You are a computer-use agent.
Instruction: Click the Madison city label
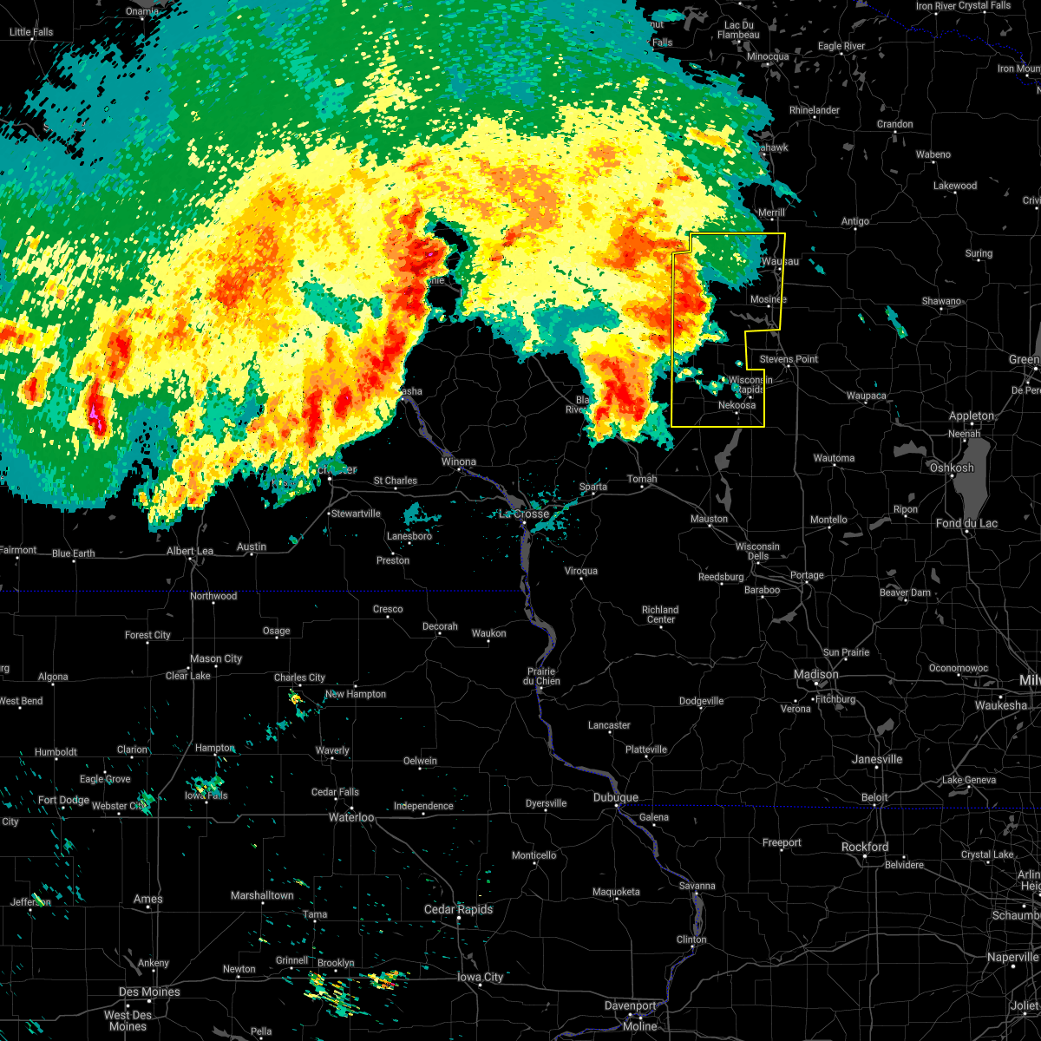click(815, 675)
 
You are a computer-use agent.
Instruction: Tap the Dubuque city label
click(616, 797)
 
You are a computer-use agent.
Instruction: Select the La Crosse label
click(524, 514)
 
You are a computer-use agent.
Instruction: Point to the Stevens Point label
click(789, 359)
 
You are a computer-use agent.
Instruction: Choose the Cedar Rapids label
click(458, 909)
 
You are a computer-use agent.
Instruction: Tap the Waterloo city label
click(350, 817)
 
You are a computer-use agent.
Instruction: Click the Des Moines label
click(150, 992)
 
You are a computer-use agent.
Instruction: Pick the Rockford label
click(865, 847)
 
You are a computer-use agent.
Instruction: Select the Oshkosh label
click(952, 468)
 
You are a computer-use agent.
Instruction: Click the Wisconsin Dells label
click(757, 552)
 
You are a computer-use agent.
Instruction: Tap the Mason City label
click(217, 659)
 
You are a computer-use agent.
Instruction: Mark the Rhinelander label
click(815, 111)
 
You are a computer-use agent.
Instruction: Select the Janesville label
click(877, 759)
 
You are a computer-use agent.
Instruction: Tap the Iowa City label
click(481, 978)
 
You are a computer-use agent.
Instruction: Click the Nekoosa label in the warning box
click(737, 405)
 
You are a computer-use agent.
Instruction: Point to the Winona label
click(458, 462)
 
